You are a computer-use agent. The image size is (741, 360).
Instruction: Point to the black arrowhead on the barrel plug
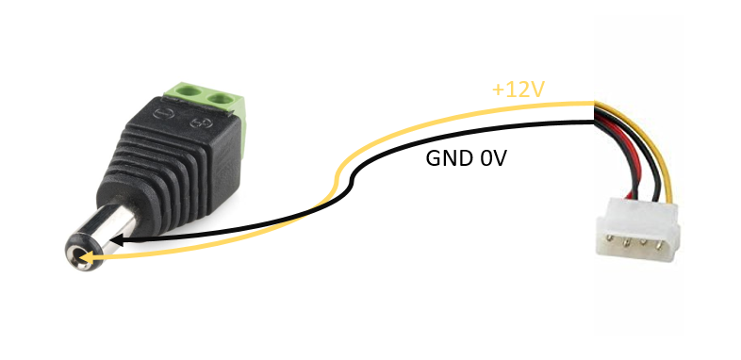click(121, 241)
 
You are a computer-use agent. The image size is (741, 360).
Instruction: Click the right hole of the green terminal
click(223, 98)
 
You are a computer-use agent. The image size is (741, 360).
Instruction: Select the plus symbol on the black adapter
click(198, 123)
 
